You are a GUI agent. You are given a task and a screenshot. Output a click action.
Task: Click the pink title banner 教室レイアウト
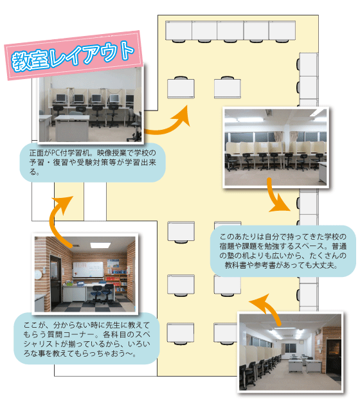click(x=73, y=55)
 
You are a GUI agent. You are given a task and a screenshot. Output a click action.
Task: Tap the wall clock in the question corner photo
click(x=38, y=274)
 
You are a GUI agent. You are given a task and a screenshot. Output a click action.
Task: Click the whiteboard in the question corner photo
click(x=88, y=269)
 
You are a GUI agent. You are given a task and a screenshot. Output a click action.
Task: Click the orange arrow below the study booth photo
click(x=275, y=197)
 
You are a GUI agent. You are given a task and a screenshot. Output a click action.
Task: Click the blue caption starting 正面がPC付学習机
click(x=93, y=163)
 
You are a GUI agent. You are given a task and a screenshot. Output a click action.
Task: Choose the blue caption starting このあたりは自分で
click(x=283, y=251)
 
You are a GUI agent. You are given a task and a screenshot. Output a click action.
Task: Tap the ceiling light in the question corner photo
click(x=100, y=245)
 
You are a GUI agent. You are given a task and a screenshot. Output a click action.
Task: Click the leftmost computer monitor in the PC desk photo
click(x=61, y=98)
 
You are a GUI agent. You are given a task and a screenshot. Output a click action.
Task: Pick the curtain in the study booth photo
click(x=278, y=137)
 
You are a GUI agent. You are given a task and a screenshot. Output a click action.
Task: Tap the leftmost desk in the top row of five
click(x=179, y=31)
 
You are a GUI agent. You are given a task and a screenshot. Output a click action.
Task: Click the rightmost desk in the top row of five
click(x=282, y=31)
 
